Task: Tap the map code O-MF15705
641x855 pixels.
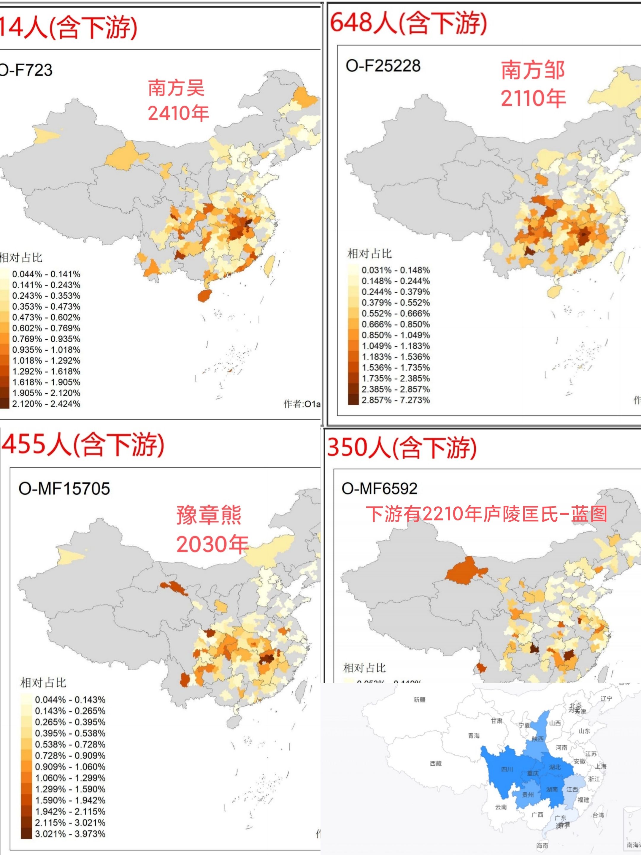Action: (x=64, y=489)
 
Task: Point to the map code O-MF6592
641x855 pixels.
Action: (x=380, y=489)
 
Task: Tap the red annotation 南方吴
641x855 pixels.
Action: (x=176, y=88)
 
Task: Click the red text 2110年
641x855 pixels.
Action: (x=533, y=98)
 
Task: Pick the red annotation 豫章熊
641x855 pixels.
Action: (x=209, y=516)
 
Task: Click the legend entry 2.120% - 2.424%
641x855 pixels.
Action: (x=46, y=404)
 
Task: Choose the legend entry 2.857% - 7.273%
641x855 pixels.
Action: (x=395, y=400)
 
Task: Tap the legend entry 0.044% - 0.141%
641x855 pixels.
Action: (x=46, y=274)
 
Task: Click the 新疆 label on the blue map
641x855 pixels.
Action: (x=419, y=700)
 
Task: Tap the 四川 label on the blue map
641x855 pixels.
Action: (x=507, y=769)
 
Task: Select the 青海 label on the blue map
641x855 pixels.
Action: (x=474, y=736)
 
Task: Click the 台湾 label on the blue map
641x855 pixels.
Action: (x=598, y=815)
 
